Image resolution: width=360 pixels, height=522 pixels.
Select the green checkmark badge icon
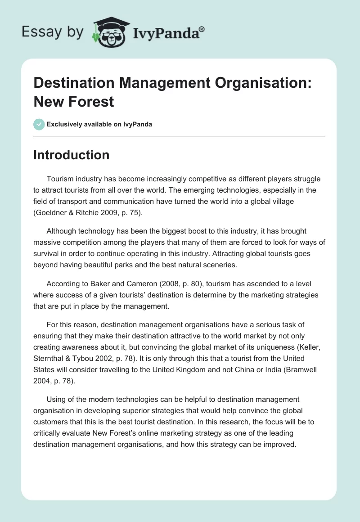[x=39, y=124]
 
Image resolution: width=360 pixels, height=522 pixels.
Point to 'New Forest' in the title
[x=74, y=101]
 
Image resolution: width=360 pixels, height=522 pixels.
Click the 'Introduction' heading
[x=71, y=155]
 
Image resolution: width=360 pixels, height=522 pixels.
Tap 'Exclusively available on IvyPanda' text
[x=99, y=124]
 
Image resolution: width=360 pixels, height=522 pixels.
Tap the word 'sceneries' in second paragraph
[x=220, y=265]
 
